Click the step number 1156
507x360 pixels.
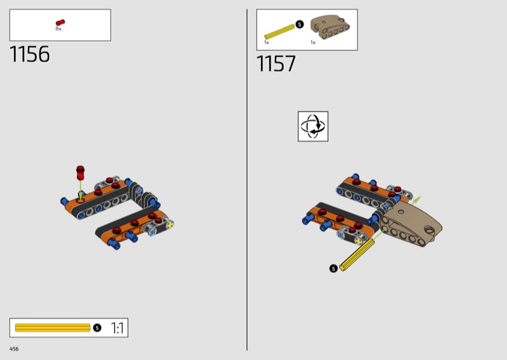click(x=30, y=54)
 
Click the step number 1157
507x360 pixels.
click(x=276, y=63)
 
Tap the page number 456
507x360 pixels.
click(x=14, y=349)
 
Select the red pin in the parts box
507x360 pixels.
click(x=60, y=22)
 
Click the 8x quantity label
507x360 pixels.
click(x=58, y=29)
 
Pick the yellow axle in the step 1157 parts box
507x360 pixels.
click(x=279, y=32)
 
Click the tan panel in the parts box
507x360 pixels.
click(x=330, y=27)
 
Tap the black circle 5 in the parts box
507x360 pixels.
click(x=300, y=24)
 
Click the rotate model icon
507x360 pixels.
click(x=313, y=127)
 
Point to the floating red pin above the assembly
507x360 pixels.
click(x=80, y=173)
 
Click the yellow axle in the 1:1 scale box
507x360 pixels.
click(x=53, y=328)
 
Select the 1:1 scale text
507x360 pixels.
click(x=117, y=328)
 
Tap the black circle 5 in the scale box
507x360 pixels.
click(x=97, y=328)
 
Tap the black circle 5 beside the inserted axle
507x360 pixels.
click(x=333, y=268)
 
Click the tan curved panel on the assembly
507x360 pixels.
click(x=411, y=224)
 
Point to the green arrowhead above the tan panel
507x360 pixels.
click(x=418, y=198)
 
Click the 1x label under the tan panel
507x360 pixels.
click(x=312, y=42)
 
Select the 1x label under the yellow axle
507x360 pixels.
click(x=266, y=42)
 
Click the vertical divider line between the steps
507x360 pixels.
click(x=247, y=180)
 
